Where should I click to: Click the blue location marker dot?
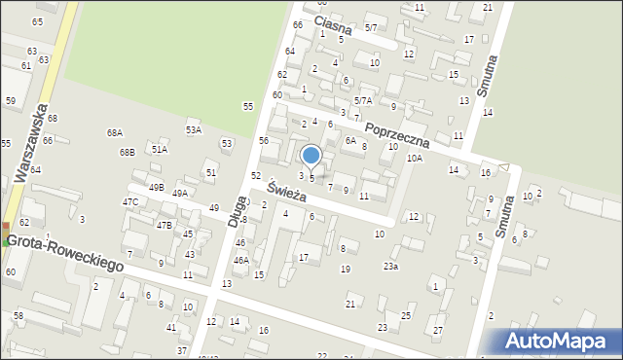pos(311,155)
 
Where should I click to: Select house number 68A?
pos(115,132)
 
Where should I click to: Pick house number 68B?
pos(127,153)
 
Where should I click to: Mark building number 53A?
pos(194,129)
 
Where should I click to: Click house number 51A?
pos(160,150)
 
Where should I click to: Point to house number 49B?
pos(156,187)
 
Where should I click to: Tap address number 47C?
pos(129,202)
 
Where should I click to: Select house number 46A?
pos(240,260)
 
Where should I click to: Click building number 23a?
pos(390,266)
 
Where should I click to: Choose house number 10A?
pos(415,158)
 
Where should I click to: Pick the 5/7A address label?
pos(363,100)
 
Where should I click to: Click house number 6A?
pos(351,140)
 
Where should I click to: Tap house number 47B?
pos(164,225)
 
